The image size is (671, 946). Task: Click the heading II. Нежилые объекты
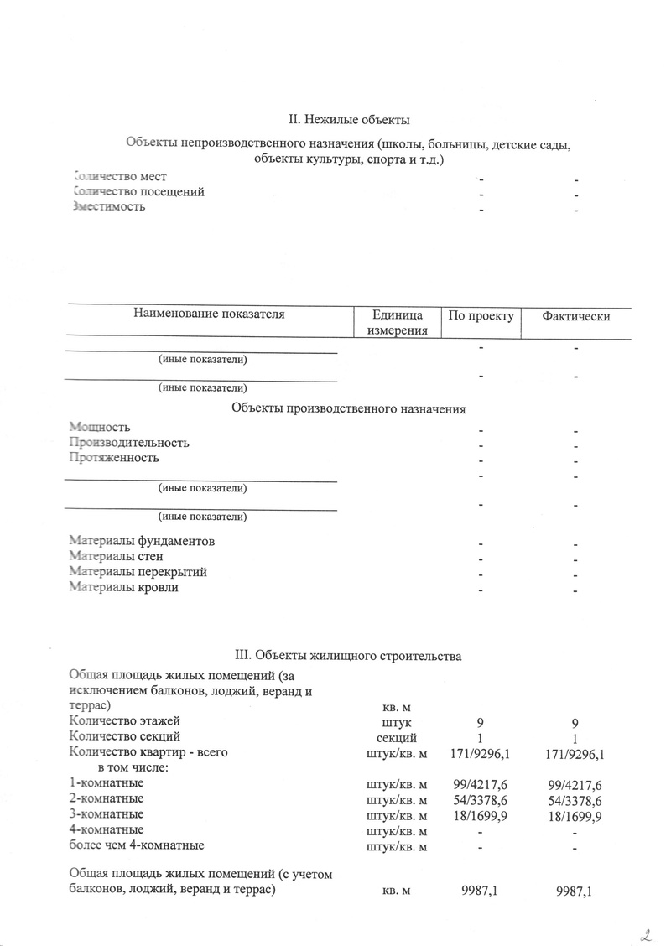[x=349, y=123]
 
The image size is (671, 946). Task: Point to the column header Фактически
[x=575, y=316]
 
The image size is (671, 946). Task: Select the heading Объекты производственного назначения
[x=348, y=408]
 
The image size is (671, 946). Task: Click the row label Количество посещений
[x=138, y=192]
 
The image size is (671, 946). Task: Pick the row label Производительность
[x=129, y=442]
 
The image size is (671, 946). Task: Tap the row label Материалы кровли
[x=123, y=587]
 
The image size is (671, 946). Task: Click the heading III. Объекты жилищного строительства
[x=347, y=655]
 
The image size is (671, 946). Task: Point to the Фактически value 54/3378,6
[x=575, y=799]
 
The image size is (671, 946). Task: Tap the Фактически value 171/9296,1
[x=575, y=754]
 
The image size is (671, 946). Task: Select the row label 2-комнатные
[x=106, y=798]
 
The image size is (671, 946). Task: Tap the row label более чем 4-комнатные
[x=136, y=845]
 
